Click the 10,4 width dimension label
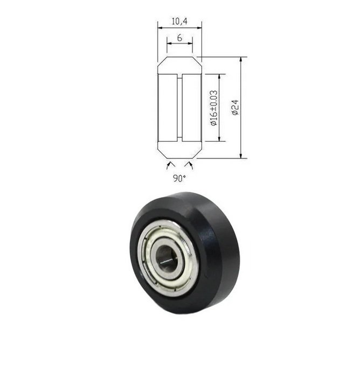point(179,22)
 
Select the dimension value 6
point(179,38)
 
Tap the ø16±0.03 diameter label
point(214,108)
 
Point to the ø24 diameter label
point(235,107)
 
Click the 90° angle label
point(179,178)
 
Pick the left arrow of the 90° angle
point(170,165)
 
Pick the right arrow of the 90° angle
point(189,165)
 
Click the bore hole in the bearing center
point(167,259)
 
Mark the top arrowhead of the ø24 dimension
point(241,60)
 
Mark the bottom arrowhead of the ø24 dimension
point(241,155)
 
